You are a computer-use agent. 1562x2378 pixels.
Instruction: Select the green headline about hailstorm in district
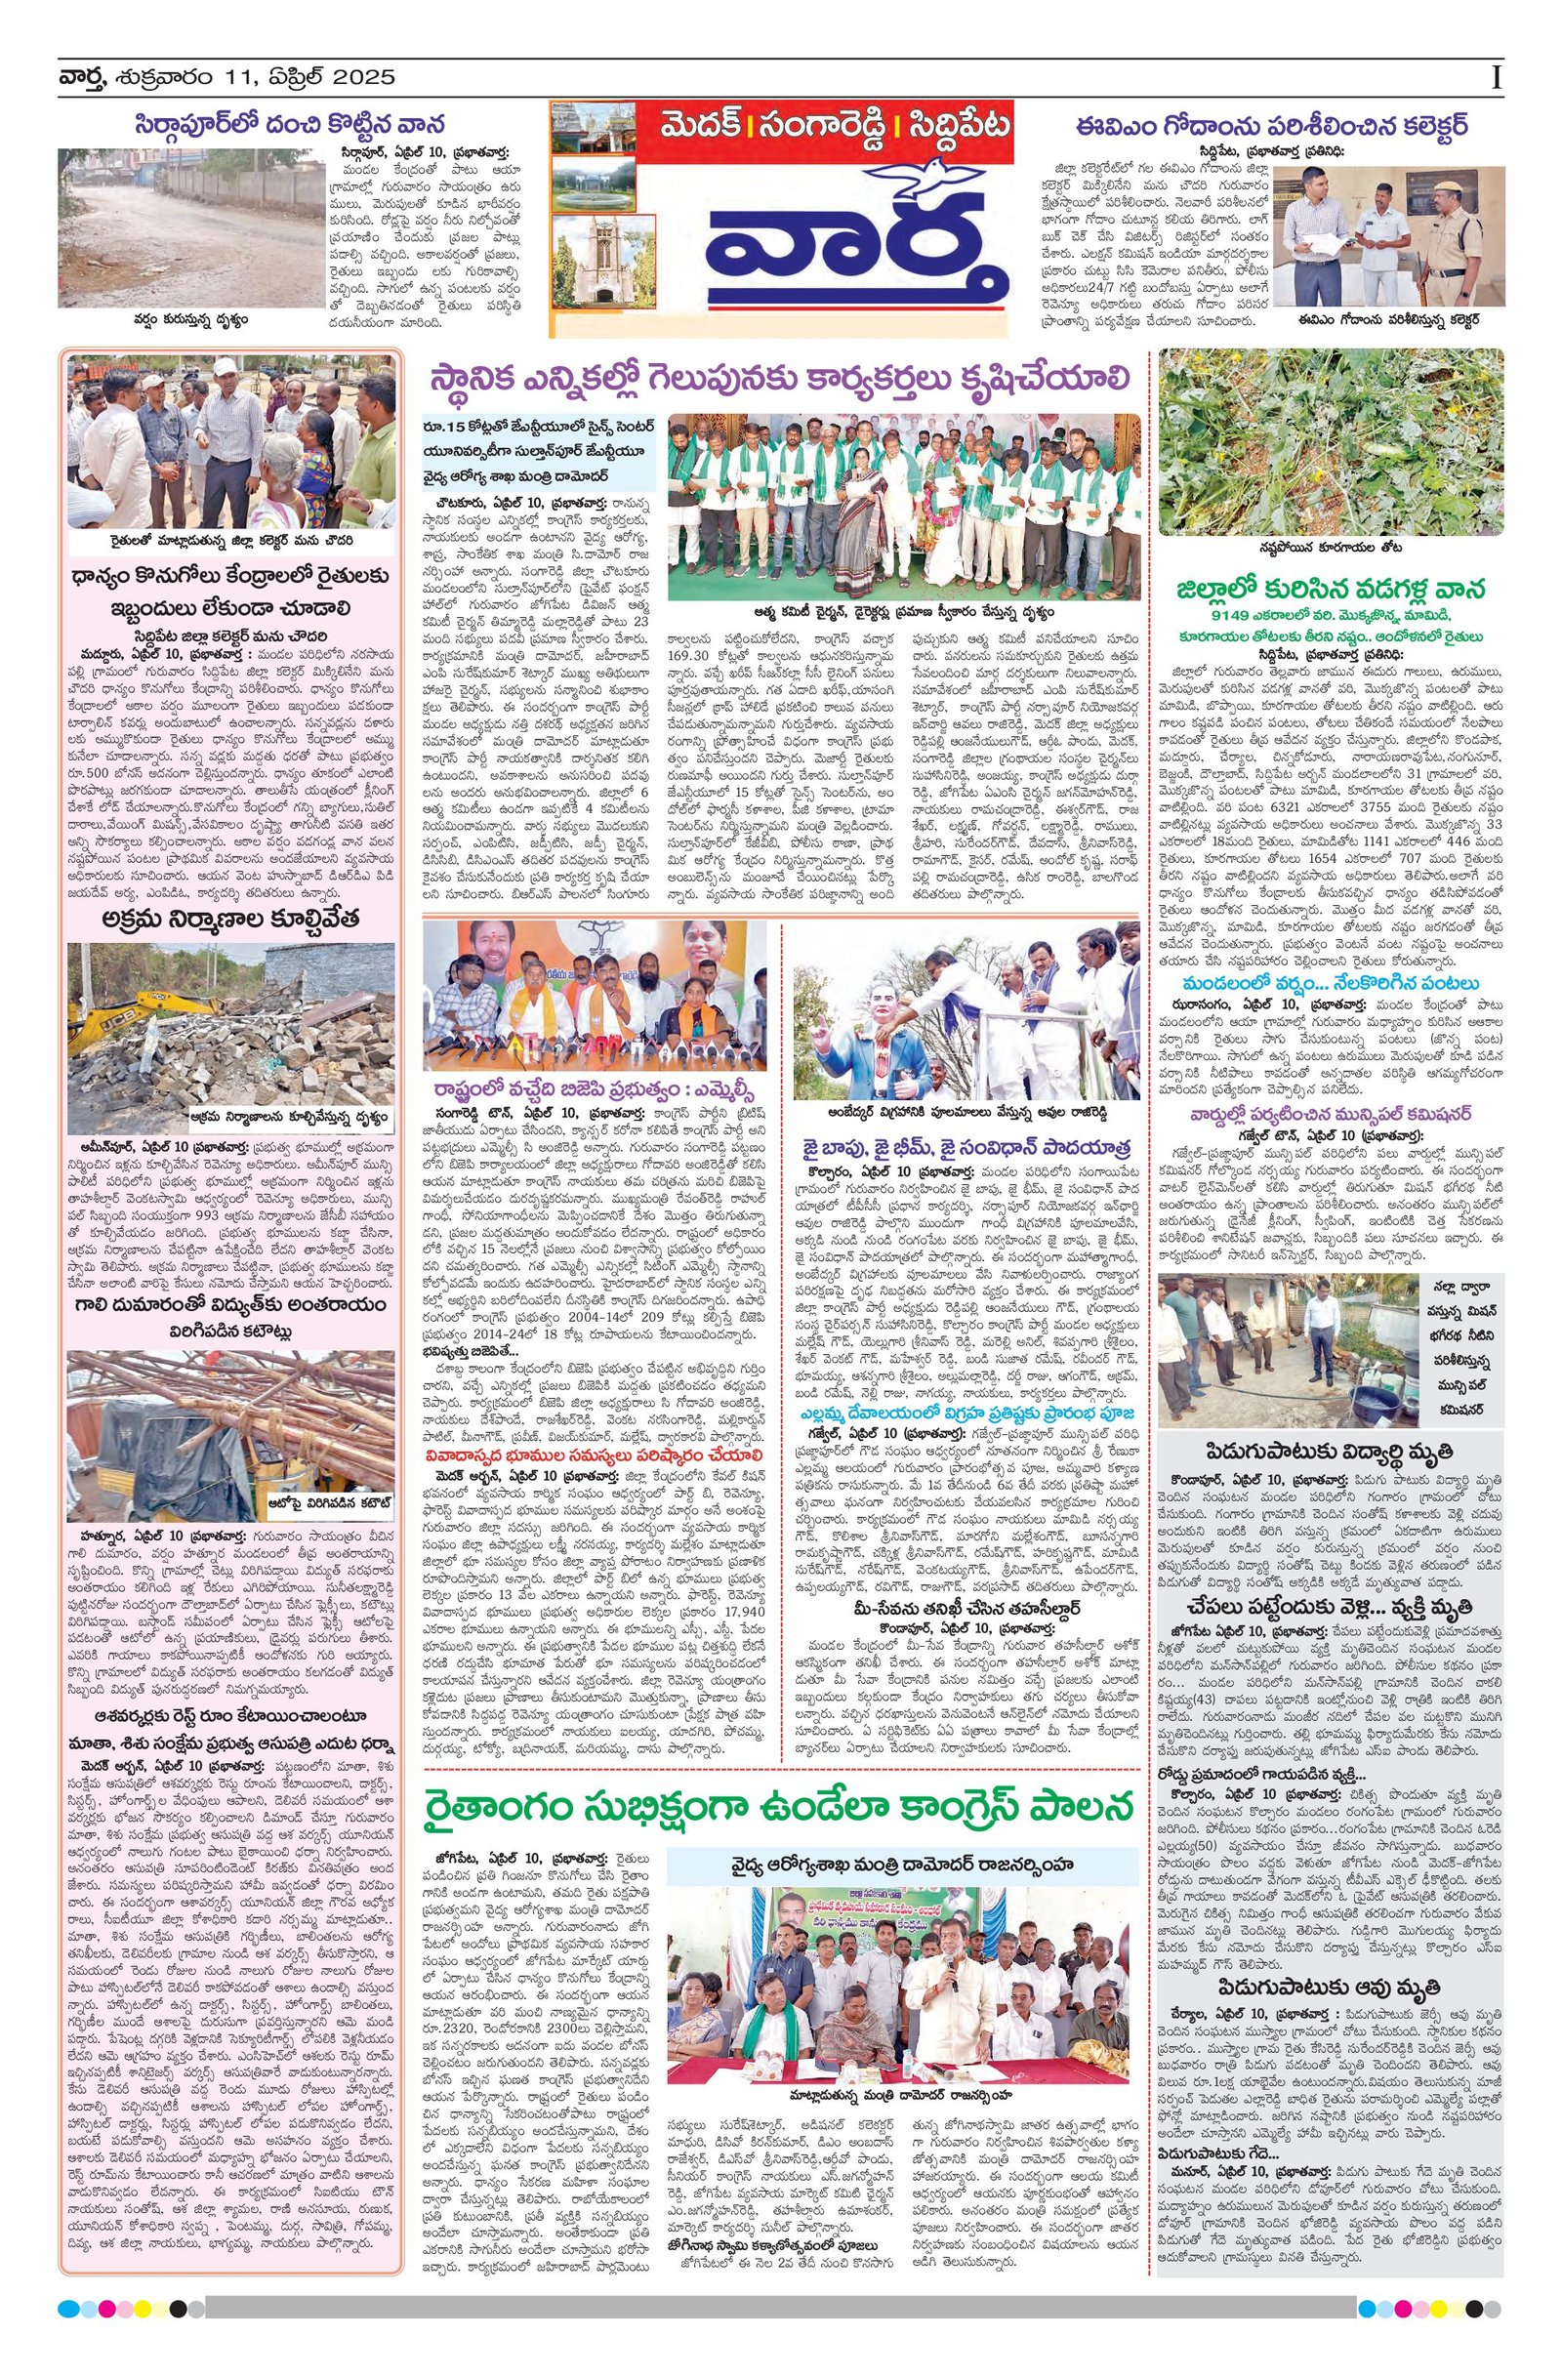coord(1328,588)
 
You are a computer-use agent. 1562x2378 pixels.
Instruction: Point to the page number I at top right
coord(1496,77)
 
